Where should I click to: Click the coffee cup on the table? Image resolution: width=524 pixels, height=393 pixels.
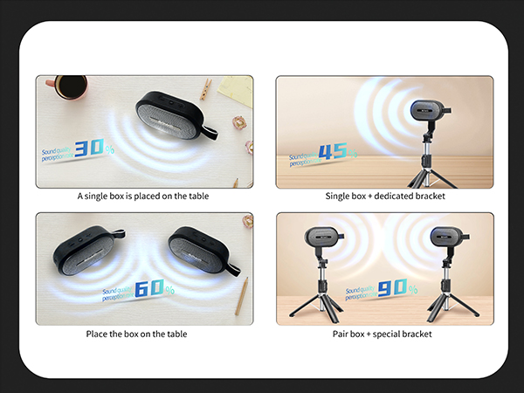tap(71, 87)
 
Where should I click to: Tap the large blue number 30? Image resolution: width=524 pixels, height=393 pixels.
tap(89, 150)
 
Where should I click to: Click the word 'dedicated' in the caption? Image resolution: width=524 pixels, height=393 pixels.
tap(393, 196)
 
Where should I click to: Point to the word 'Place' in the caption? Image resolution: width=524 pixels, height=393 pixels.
tap(98, 334)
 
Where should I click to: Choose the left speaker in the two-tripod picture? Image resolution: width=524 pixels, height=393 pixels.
tap(322, 236)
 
